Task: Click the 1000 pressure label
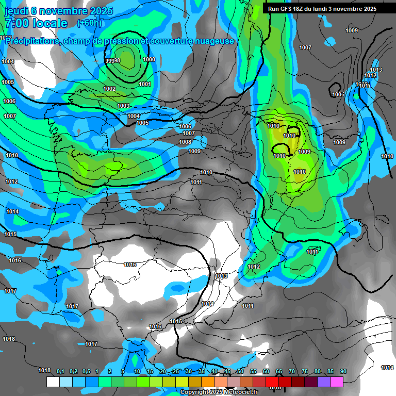[148, 59]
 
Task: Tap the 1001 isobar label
[145, 84]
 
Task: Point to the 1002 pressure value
[109, 89]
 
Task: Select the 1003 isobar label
[123, 106]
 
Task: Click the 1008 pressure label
[185, 142]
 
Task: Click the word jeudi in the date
[16, 11]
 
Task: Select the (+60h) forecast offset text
[89, 23]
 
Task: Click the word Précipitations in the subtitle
[31, 41]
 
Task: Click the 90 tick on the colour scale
[343, 371]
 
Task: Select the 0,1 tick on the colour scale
[60, 371]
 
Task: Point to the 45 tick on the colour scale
[227, 371]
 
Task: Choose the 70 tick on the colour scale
[292, 371]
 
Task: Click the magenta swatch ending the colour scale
[337, 382]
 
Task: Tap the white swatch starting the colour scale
[53, 382]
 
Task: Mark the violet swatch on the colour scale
[324, 382]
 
